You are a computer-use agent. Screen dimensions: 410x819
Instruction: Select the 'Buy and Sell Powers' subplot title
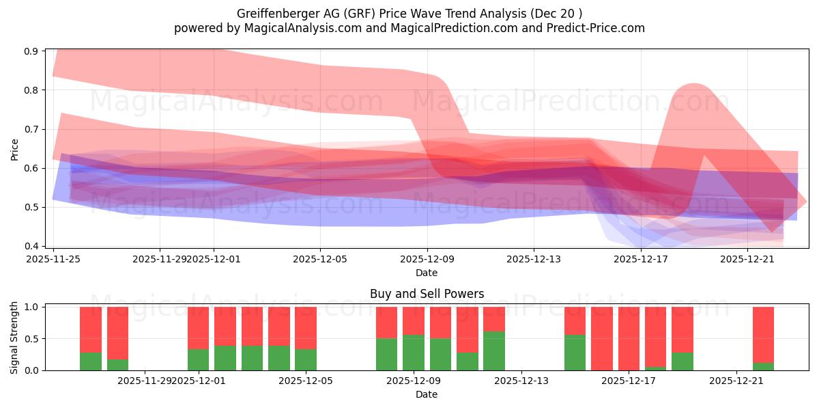pyautogui.click(x=427, y=294)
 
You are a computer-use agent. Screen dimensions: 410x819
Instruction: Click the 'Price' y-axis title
pyautogui.click(x=15, y=149)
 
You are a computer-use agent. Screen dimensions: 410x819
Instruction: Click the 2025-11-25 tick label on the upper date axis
pyautogui.click(x=53, y=259)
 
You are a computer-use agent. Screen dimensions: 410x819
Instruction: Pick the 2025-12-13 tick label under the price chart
pyautogui.click(x=534, y=259)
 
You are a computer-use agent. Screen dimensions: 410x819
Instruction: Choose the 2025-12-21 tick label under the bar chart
pyautogui.click(x=737, y=381)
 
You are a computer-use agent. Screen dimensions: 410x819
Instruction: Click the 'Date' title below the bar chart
pyautogui.click(x=427, y=394)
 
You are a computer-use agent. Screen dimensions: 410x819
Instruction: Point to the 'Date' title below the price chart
pyautogui.click(x=427, y=273)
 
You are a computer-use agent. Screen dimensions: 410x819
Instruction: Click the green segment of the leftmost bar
pyautogui.click(x=91, y=361)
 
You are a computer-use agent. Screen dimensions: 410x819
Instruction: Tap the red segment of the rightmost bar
pyautogui.click(x=763, y=335)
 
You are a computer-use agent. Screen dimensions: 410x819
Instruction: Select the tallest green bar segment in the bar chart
pyautogui.click(x=494, y=351)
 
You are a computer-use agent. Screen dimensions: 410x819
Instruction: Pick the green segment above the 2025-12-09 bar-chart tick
pyautogui.click(x=414, y=353)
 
